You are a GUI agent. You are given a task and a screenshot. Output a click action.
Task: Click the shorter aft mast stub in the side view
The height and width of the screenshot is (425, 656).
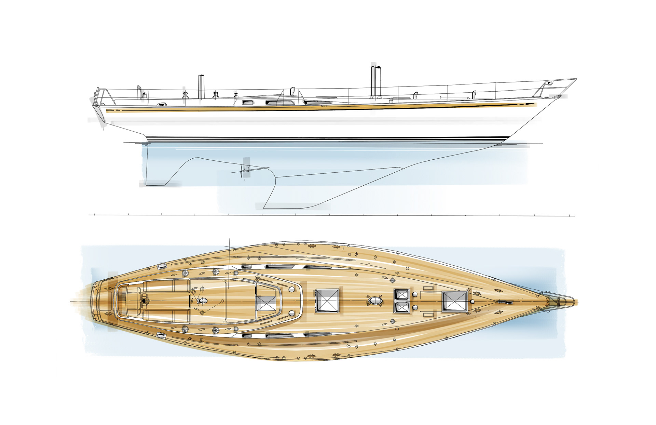point(201,86)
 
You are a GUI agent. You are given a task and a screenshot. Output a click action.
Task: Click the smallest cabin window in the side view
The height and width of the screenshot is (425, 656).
point(246,102)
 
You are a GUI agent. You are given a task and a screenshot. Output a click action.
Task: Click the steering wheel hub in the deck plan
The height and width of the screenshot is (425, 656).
point(145,301)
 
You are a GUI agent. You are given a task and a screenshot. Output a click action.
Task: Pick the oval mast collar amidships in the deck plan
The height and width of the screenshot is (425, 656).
point(375,301)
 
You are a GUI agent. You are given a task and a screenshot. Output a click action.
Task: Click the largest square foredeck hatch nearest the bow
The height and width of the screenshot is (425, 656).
point(455,301)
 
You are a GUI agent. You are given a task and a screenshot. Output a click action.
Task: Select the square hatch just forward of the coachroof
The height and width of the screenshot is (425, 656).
point(327,301)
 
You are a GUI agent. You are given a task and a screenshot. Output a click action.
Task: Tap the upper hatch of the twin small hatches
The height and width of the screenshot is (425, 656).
point(402,294)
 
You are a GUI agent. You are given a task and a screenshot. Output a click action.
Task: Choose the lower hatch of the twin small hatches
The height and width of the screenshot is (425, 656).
point(402,307)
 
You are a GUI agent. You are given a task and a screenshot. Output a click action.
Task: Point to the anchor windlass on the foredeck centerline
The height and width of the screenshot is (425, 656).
point(505,302)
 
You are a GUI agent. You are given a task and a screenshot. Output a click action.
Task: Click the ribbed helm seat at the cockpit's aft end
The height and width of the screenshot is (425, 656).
point(122,301)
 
